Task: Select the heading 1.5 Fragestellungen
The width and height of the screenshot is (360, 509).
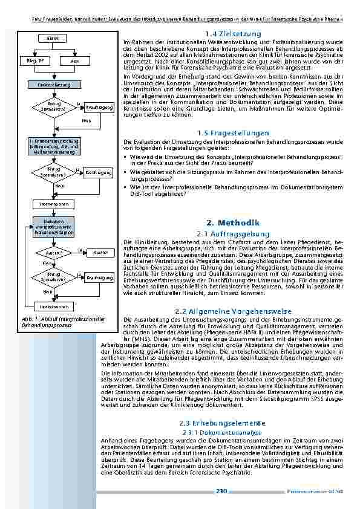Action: click(x=232, y=132)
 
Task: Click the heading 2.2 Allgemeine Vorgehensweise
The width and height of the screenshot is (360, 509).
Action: click(x=232, y=311)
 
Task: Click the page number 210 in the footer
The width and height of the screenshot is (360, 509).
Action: click(x=221, y=491)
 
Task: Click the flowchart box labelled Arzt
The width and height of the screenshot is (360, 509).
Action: click(x=75, y=62)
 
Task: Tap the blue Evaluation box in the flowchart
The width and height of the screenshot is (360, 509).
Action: click(x=50, y=227)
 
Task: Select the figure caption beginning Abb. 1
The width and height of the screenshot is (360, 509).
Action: click(x=64, y=322)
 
